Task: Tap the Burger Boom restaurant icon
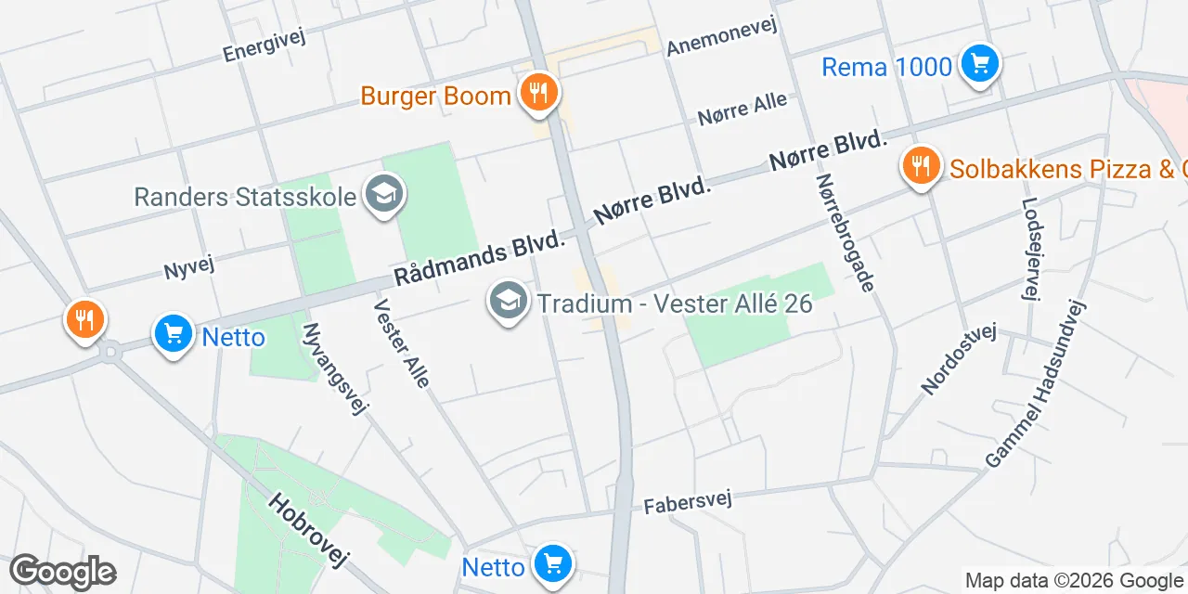tap(537, 93)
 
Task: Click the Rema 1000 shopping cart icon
tap(978, 64)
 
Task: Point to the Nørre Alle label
tap(742, 109)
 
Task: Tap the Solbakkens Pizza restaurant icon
tap(921, 166)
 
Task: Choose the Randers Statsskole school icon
tap(380, 195)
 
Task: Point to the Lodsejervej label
tap(1028, 249)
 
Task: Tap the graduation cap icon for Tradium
tap(508, 302)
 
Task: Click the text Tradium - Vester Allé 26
tap(675, 303)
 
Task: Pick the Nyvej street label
tap(189, 267)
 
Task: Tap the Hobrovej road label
tap(307, 529)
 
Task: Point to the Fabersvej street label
tap(688, 501)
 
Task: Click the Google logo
tap(62, 572)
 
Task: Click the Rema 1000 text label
tap(887, 67)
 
